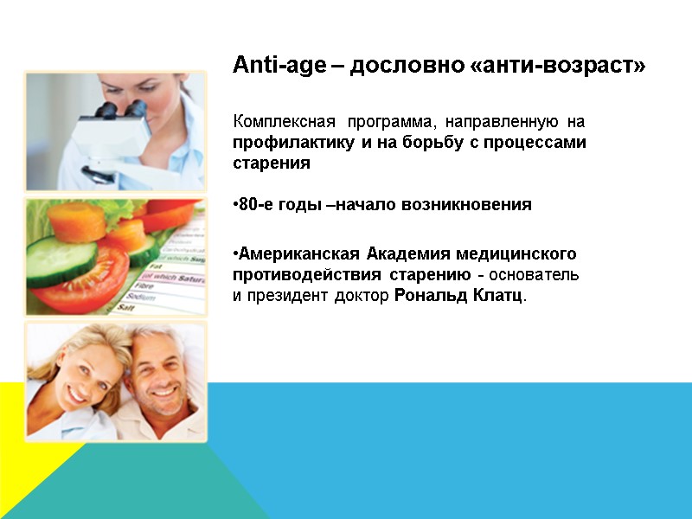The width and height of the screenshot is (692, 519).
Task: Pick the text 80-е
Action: click(255, 205)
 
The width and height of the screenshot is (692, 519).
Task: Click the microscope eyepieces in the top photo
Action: click(108, 112)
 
